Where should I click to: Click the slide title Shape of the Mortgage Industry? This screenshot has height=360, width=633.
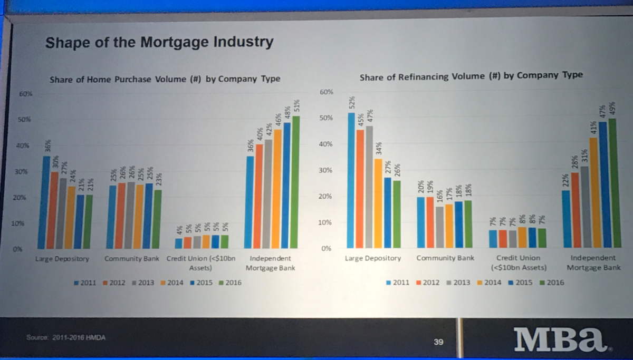159,42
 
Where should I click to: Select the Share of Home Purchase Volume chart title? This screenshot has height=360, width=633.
165,79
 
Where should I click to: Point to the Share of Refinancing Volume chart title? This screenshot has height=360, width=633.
471,75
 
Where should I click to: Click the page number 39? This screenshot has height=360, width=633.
438,342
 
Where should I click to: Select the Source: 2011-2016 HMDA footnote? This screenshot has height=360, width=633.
65,337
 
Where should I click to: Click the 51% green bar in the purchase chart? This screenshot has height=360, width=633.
296,182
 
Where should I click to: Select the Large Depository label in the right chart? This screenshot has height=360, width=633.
372,258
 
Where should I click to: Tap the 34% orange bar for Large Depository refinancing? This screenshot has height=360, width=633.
378,203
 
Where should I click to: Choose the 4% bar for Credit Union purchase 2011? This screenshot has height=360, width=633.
179,243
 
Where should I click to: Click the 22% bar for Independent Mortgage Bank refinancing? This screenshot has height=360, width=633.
566,219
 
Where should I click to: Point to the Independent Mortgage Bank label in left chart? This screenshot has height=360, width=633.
270,263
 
